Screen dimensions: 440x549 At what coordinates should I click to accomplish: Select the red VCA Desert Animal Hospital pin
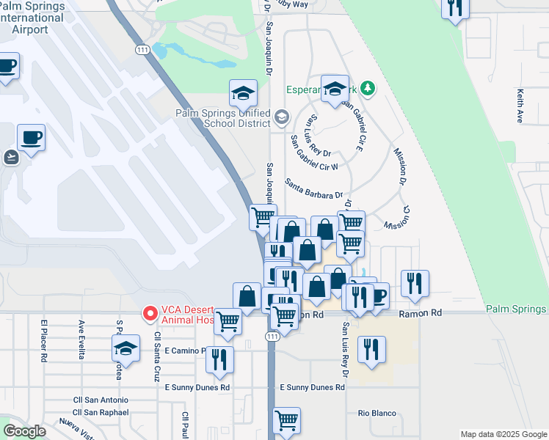point(150,314)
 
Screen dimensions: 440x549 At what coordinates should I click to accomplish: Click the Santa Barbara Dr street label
point(313,190)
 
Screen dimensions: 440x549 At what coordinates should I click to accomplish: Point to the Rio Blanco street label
point(377,412)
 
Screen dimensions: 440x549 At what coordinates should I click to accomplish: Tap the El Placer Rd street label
point(45,340)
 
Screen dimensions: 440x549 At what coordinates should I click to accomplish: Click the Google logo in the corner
point(24,431)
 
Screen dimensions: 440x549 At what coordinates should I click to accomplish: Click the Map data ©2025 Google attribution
point(503,434)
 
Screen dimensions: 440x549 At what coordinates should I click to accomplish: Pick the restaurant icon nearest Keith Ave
point(455,7)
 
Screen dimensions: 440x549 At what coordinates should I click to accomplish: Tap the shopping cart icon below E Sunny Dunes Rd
point(286,420)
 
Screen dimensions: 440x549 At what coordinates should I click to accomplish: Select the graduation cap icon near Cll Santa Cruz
point(126,348)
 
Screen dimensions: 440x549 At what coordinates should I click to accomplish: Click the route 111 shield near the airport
point(142,49)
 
